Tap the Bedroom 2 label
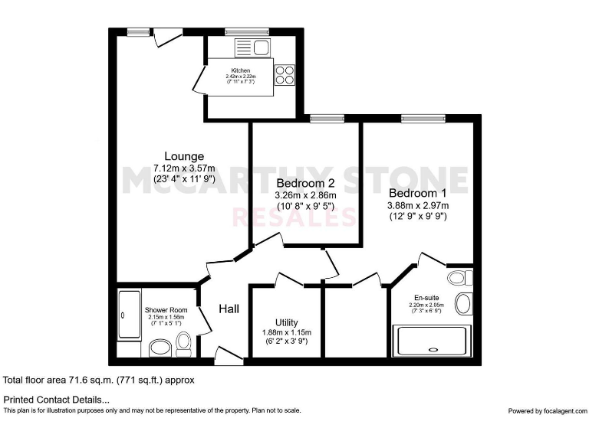305,183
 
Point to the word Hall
229,309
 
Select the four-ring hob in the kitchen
285,74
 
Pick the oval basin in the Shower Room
160,348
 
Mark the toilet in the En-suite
461,276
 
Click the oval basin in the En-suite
463,303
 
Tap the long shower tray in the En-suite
432,340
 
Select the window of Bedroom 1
423,118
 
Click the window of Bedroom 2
326,118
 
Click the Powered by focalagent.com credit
546,411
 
